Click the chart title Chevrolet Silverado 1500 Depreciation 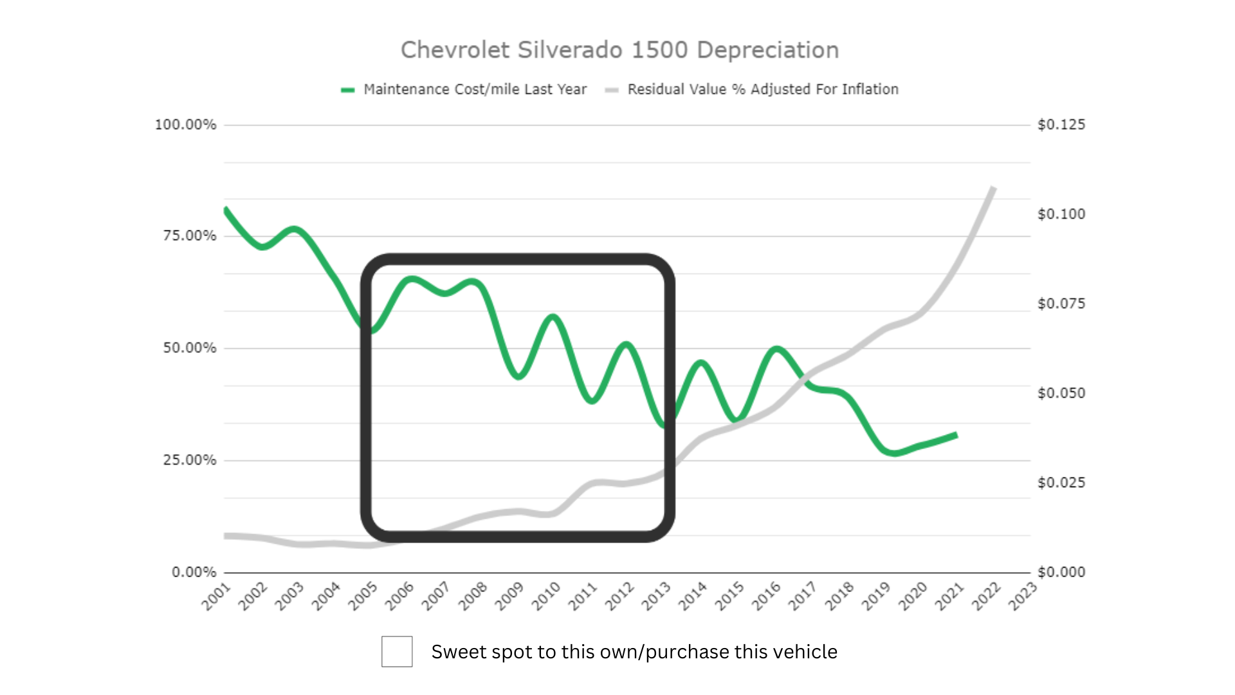(x=619, y=50)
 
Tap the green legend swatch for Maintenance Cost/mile (x=348, y=90)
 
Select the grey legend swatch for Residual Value (x=612, y=90)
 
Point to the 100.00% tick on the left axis (x=185, y=125)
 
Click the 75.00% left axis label (x=189, y=236)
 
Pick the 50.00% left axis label (x=189, y=348)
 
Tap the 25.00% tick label (x=189, y=460)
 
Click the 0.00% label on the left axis (x=194, y=572)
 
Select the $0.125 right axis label (x=1061, y=125)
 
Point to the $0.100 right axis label (x=1061, y=214)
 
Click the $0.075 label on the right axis (x=1061, y=304)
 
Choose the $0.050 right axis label (x=1061, y=393)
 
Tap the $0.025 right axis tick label (x=1061, y=483)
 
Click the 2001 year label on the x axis (x=216, y=597)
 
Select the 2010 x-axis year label (x=546, y=597)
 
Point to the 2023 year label (x=1023, y=597)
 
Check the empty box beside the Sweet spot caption (x=397, y=651)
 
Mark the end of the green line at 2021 (x=956, y=436)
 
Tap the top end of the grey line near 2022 (x=993, y=188)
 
